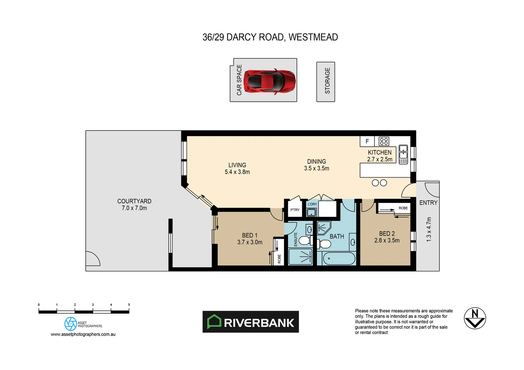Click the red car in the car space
[x=270, y=81]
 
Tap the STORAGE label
[x=327, y=81]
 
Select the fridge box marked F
[x=367, y=141]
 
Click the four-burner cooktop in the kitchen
[x=384, y=141]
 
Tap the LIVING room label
[x=237, y=165]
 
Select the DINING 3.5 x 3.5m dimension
[x=316, y=168]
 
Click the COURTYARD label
[x=134, y=201]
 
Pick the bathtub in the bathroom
[x=339, y=258]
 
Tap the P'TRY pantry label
[x=295, y=210]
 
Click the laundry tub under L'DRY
[x=311, y=213]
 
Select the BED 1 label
[x=249, y=235]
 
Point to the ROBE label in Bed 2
[x=403, y=208]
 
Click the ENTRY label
[x=428, y=203]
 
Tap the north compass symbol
[x=475, y=318]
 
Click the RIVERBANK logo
[x=251, y=322]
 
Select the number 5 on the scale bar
[x=129, y=305]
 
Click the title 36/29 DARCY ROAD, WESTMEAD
[x=270, y=37]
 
